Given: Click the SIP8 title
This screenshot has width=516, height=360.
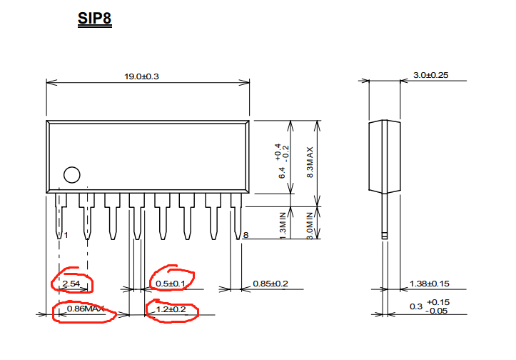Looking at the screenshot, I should click(x=95, y=17).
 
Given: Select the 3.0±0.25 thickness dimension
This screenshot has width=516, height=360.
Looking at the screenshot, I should click(x=430, y=76).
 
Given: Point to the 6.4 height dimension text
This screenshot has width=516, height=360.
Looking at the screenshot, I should click(x=283, y=172).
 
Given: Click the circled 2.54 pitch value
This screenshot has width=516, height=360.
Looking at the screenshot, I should click(x=71, y=284).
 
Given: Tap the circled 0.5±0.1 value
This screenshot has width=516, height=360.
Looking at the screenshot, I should click(x=170, y=284).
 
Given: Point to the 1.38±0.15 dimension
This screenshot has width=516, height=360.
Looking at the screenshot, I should click(x=430, y=284).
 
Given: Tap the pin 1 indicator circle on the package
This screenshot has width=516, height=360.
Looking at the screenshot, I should click(x=71, y=175).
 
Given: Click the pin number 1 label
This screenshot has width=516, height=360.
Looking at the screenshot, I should click(x=66, y=235).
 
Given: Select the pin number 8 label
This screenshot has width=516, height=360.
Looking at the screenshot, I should click(x=246, y=235).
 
